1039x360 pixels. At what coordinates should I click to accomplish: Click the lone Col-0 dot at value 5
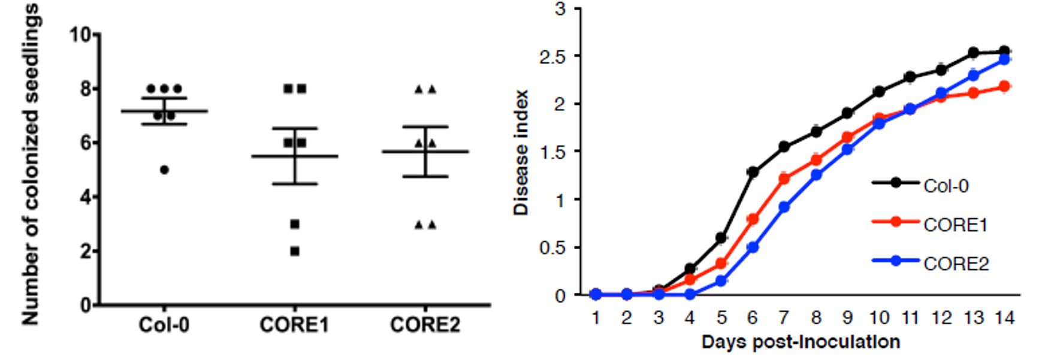[164, 170]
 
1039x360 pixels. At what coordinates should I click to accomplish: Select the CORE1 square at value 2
[295, 252]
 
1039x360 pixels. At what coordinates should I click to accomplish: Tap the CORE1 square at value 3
[295, 224]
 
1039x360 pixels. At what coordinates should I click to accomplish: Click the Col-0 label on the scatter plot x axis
[164, 325]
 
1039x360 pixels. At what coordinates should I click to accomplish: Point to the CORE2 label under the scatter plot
[425, 325]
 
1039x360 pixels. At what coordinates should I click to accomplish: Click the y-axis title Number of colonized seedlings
[31, 165]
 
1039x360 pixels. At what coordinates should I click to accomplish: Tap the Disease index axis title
[521, 153]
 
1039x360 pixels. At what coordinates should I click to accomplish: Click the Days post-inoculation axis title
[801, 342]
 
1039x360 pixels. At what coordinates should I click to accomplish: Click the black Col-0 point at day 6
[753, 172]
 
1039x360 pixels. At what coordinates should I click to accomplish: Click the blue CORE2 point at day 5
[721, 280]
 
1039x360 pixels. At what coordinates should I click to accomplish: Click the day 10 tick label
[878, 317]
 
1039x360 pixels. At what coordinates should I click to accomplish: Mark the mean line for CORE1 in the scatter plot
[295, 156]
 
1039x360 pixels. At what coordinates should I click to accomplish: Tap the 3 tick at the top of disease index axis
[560, 9]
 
